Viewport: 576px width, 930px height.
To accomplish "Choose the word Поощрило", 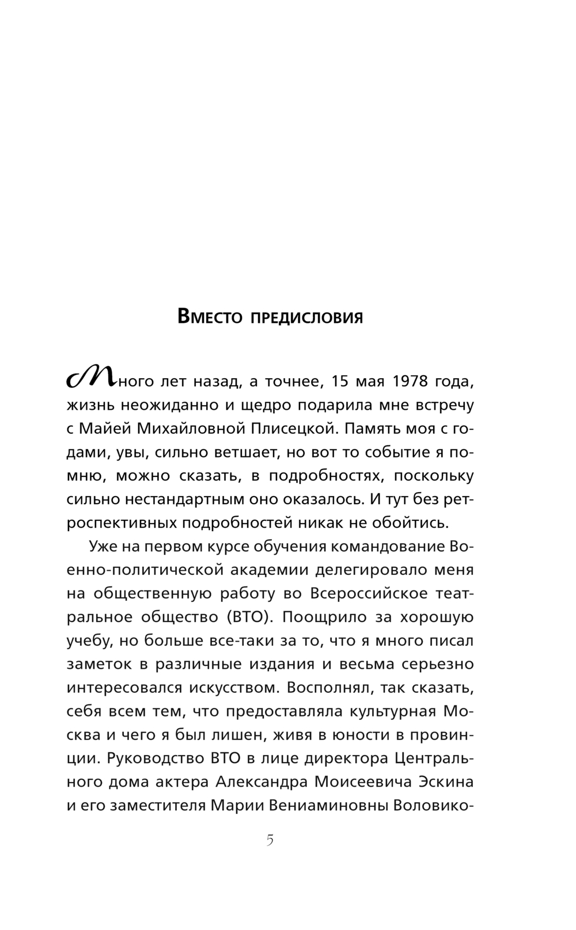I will (x=316, y=618).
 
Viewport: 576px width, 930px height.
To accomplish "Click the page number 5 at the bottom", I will (x=270, y=841).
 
